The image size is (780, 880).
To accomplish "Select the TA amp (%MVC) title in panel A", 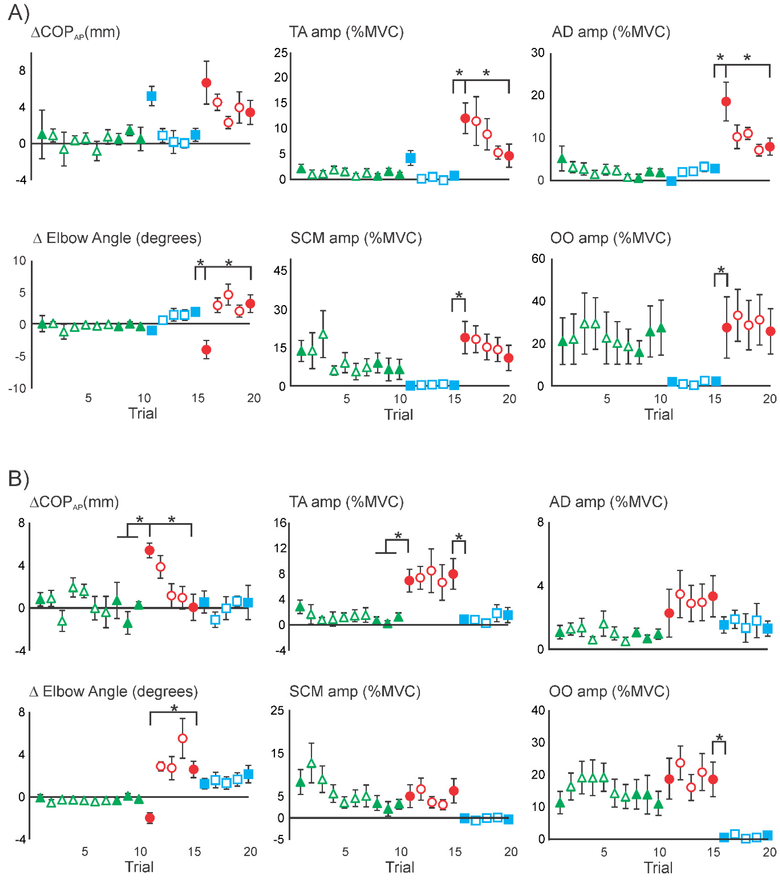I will click(x=346, y=32).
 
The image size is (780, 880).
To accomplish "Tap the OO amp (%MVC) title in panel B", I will click(x=609, y=691).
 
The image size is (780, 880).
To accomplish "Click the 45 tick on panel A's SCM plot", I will click(x=280, y=271).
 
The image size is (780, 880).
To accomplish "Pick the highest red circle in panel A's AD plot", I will click(x=726, y=102).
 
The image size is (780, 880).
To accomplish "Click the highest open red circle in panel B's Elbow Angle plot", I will click(x=182, y=738).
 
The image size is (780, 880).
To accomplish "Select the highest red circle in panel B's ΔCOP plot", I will click(x=149, y=550).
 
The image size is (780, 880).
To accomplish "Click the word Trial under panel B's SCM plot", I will click(x=399, y=867).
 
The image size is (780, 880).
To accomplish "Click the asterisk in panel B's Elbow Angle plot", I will click(x=174, y=708).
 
